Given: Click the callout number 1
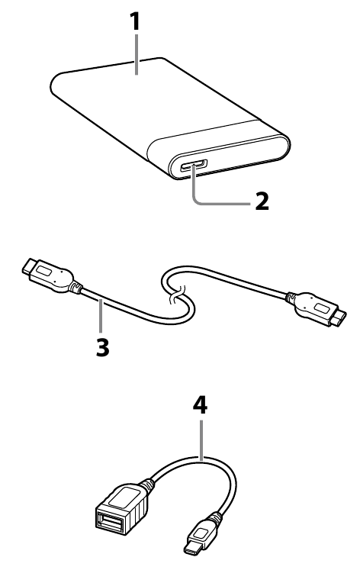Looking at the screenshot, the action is click(x=135, y=21).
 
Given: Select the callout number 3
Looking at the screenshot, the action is click(x=103, y=347).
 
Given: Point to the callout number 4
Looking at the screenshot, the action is click(x=200, y=405).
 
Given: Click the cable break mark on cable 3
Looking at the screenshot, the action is click(x=176, y=294).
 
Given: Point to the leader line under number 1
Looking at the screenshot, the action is click(x=137, y=54).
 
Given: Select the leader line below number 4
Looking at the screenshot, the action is click(x=201, y=438).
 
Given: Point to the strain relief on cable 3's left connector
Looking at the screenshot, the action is click(x=76, y=288).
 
